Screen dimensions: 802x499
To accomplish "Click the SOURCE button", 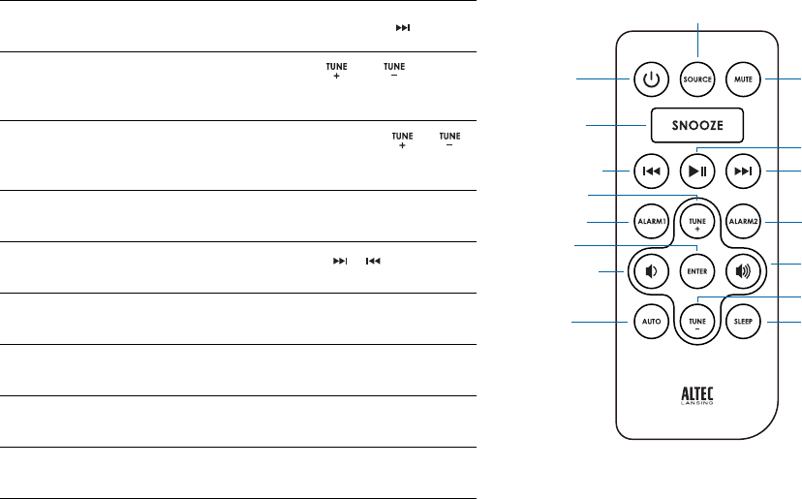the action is pyautogui.click(x=697, y=79).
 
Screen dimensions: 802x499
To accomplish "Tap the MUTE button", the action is pyautogui.click(x=743, y=79).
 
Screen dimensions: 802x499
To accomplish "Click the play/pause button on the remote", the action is pyautogui.click(x=697, y=172).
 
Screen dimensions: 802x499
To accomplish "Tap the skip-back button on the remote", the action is pyautogui.click(x=651, y=172).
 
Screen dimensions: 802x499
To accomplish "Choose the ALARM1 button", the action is pyautogui.click(x=651, y=222).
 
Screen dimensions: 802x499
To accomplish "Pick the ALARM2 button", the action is pyautogui.click(x=744, y=222).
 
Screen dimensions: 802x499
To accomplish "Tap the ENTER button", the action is pyautogui.click(x=697, y=271).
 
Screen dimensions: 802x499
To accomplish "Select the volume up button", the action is pyautogui.click(x=743, y=271).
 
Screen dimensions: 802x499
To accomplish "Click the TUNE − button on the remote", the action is pyautogui.click(x=697, y=320).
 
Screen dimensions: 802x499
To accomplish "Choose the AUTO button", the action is pyautogui.click(x=651, y=321).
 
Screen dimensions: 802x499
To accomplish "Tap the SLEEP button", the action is pyautogui.click(x=744, y=321).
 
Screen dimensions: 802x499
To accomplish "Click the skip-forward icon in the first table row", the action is pyautogui.click(x=402, y=27).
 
